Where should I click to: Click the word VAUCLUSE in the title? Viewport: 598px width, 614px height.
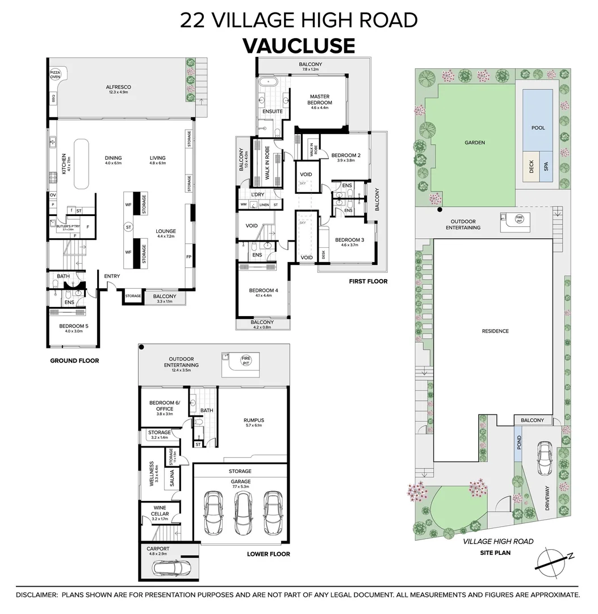(x=299, y=45)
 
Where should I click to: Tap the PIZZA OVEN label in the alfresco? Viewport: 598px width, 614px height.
(x=56, y=75)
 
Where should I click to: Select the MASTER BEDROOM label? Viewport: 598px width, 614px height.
(x=320, y=99)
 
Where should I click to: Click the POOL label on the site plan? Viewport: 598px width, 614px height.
(x=538, y=128)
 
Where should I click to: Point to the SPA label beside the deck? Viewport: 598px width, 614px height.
(x=547, y=167)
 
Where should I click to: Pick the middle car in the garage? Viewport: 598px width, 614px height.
(x=242, y=511)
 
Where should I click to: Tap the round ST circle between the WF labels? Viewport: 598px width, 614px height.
(x=128, y=227)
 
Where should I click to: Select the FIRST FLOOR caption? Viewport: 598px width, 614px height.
(x=369, y=281)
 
